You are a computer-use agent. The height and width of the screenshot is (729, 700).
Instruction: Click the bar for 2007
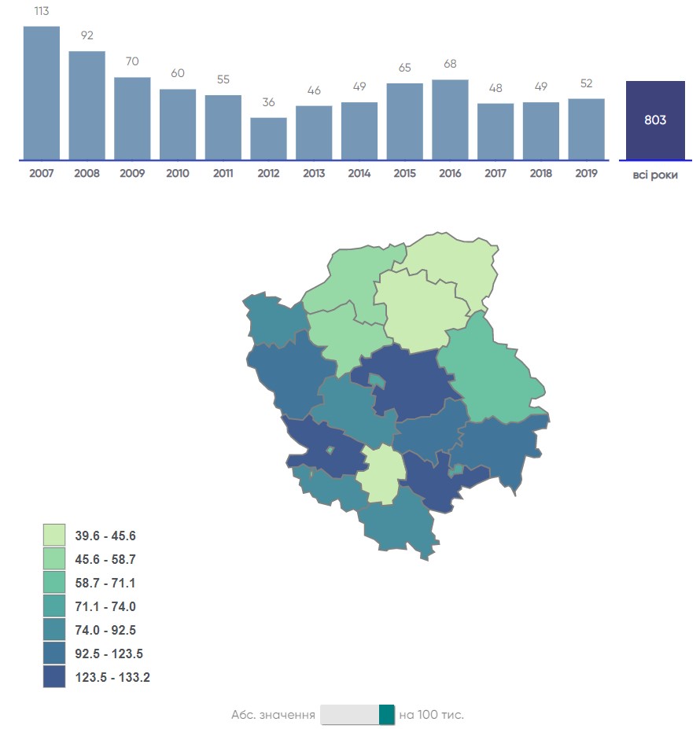(x=42, y=93)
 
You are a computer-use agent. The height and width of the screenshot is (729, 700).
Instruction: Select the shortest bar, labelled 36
(x=269, y=138)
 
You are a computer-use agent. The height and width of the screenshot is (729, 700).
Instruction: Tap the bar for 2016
(x=450, y=120)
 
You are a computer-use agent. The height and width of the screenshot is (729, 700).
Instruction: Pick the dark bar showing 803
(x=655, y=120)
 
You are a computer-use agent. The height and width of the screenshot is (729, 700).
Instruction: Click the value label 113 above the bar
(x=42, y=12)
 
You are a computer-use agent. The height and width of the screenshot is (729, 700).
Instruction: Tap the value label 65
(x=404, y=68)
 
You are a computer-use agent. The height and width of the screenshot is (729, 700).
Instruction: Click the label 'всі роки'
(x=655, y=175)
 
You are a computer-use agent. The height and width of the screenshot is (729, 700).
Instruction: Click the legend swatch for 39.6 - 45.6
(x=54, y=536)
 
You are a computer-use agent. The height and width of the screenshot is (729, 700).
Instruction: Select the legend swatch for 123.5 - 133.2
(x=54, y=676)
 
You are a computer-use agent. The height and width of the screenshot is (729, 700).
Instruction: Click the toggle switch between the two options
(x=358, y=714)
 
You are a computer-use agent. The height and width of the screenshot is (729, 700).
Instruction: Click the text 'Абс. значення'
(x=273, y=715)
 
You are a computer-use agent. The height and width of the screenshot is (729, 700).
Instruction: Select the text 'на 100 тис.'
(x=431, y=715)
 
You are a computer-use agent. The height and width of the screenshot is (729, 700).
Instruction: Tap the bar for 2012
(x=269, y=138)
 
